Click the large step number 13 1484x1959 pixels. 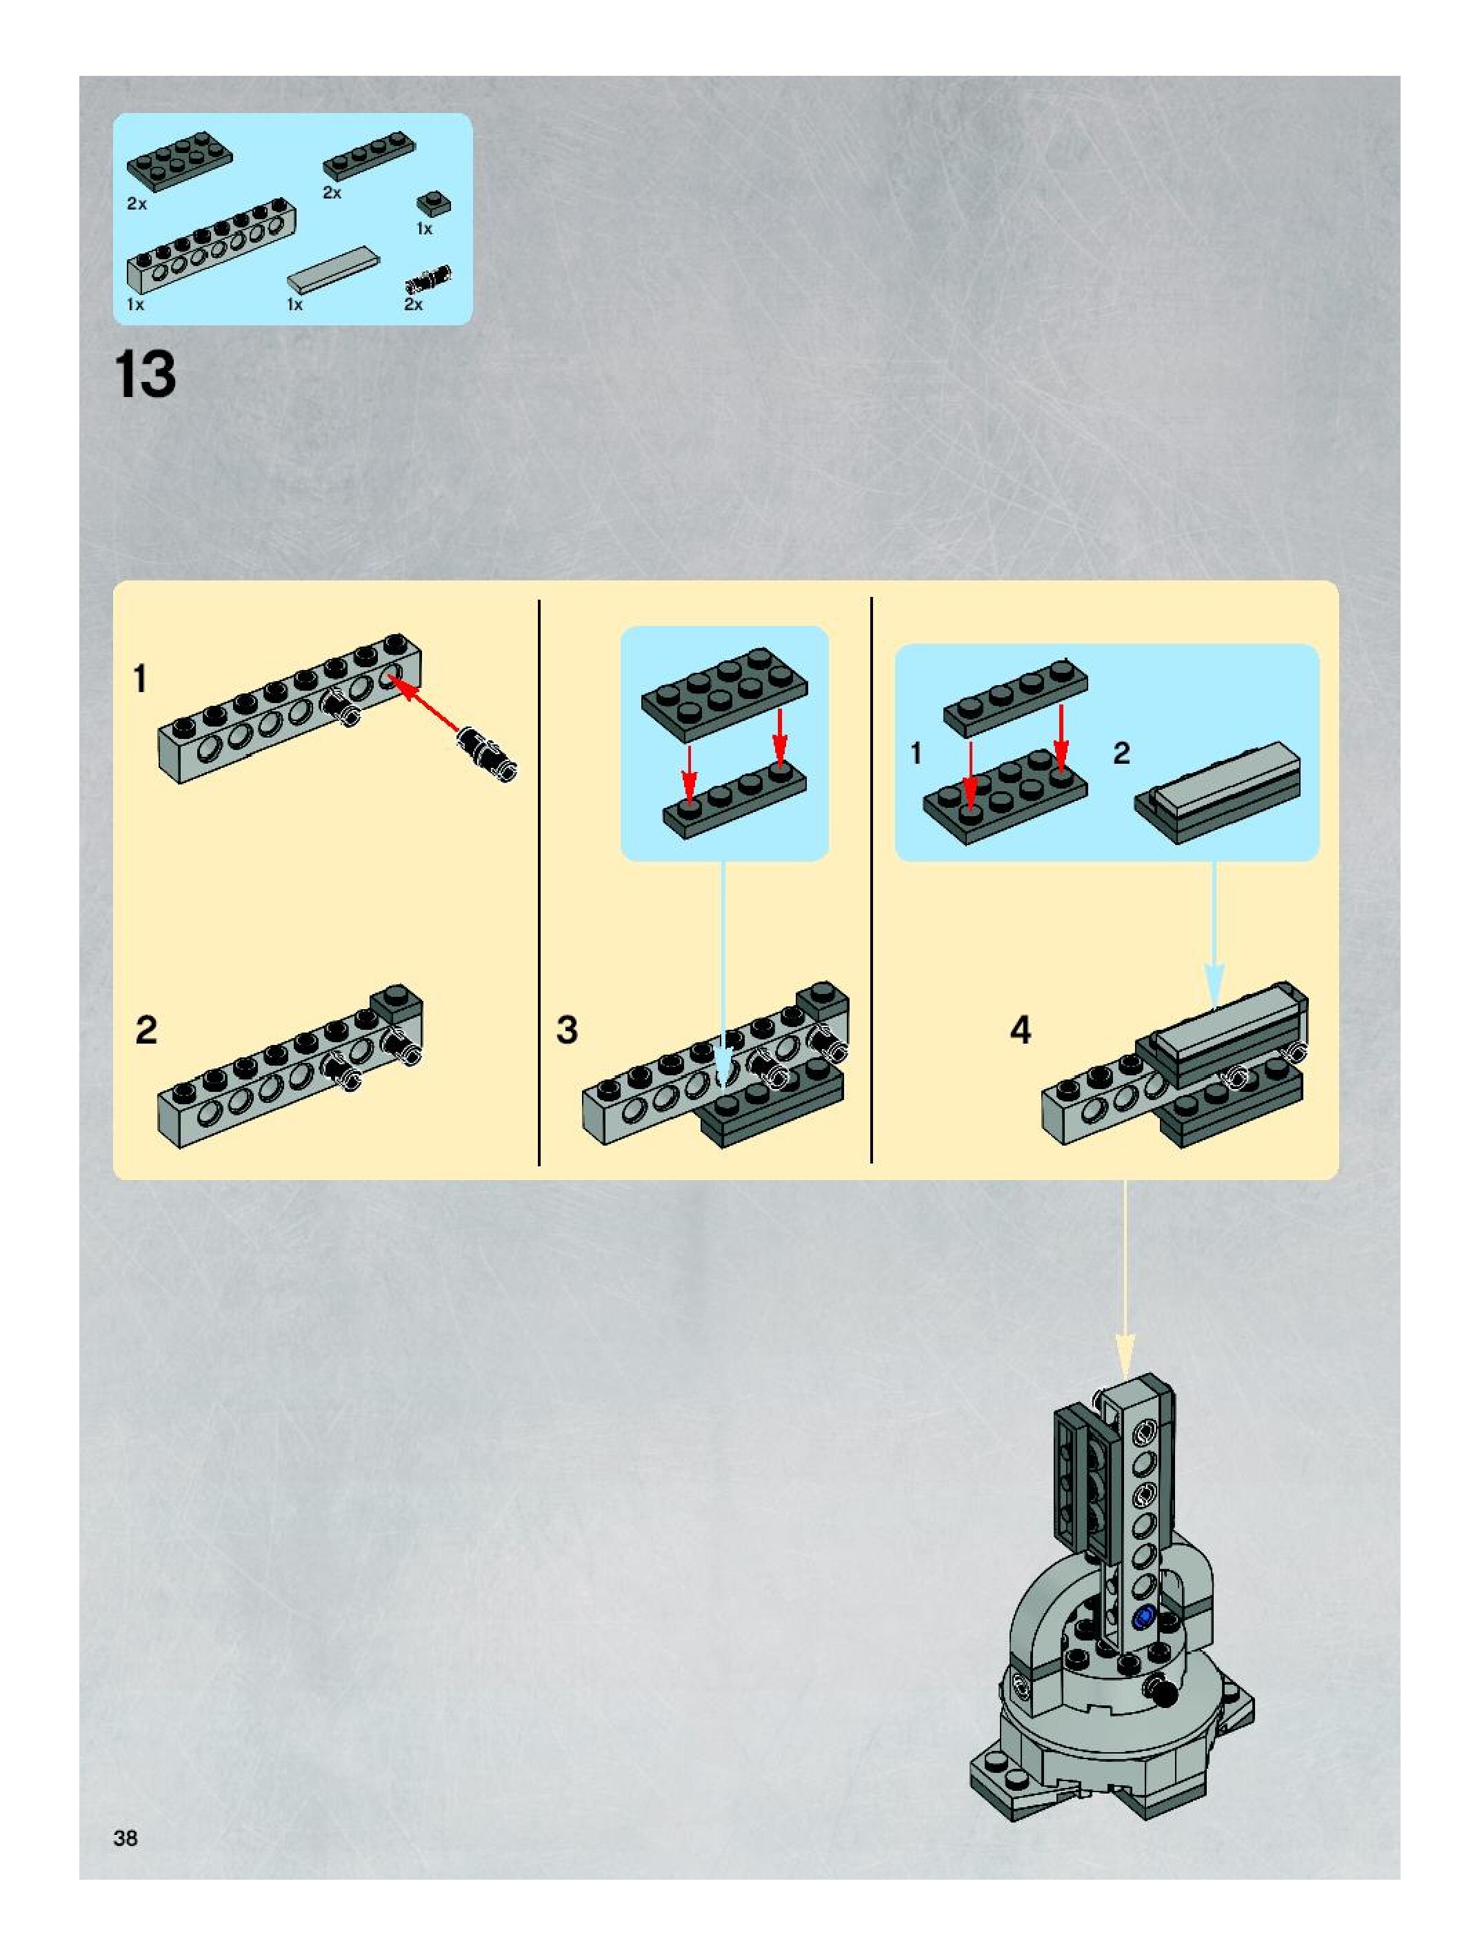pos(146,374)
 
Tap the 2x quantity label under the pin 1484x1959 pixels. pos(414,304)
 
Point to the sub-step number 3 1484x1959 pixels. pos(567,1030)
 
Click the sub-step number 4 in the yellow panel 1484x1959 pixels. pos(1021,1030)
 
